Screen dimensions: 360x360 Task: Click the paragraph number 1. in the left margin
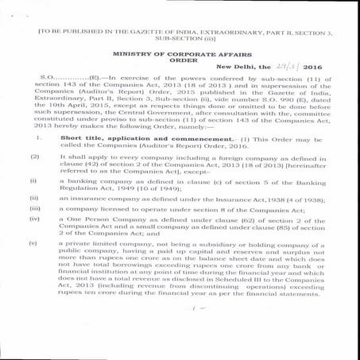[x=38, y=137]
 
